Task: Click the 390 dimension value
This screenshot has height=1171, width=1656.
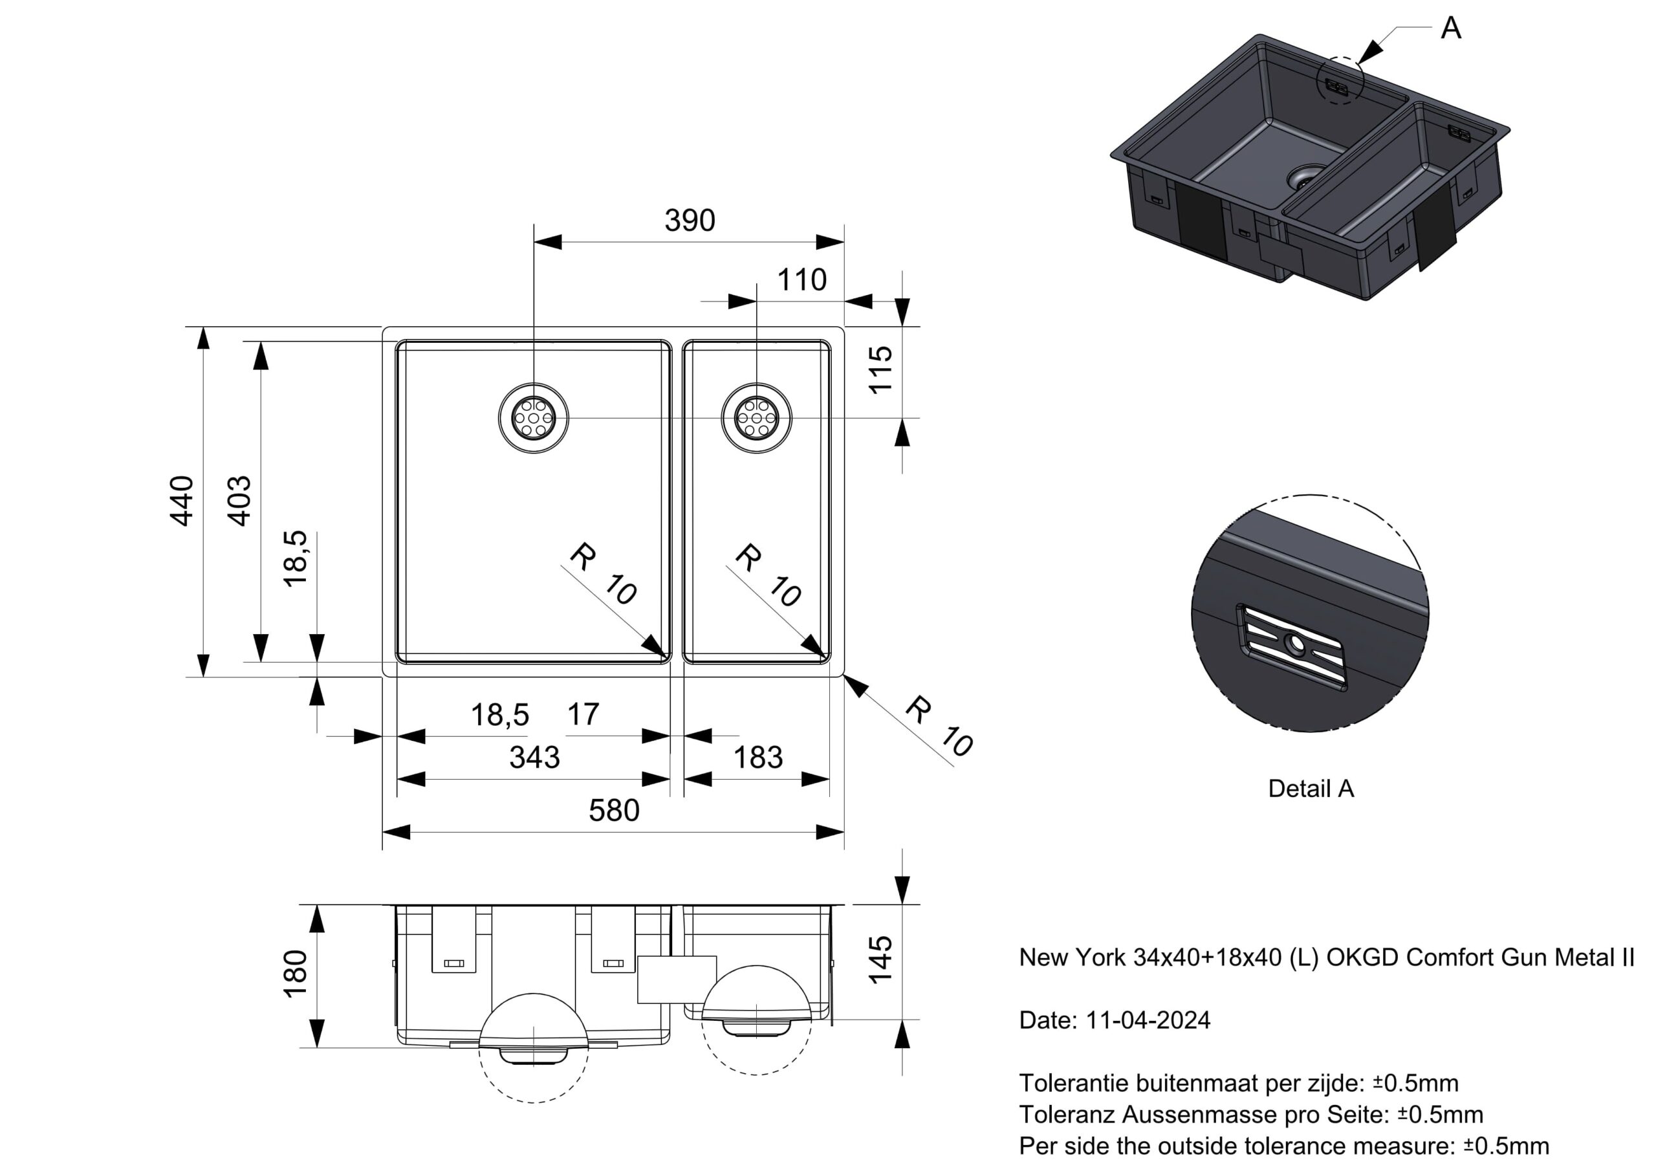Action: click(689, 221)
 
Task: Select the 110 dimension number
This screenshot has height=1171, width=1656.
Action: click(801, 280)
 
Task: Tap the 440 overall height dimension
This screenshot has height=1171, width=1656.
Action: click(181, 501)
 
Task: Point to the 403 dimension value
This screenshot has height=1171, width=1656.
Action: click(239, 501)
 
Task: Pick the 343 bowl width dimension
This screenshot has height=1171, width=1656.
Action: click(534, 758)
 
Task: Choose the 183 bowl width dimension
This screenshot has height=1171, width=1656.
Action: click(757, 758)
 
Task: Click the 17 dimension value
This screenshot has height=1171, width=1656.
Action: click(583, 715)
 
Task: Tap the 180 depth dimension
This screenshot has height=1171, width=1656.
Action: click(296, 974)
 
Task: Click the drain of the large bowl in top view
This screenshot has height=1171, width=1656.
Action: click(534, 418)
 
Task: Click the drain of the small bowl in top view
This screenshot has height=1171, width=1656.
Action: click(756, 418)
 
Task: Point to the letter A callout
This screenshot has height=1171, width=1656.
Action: click(1450, 29)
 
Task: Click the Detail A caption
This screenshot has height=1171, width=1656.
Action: click(1311, 789)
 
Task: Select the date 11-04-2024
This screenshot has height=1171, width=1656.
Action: click(1148, 1020)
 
